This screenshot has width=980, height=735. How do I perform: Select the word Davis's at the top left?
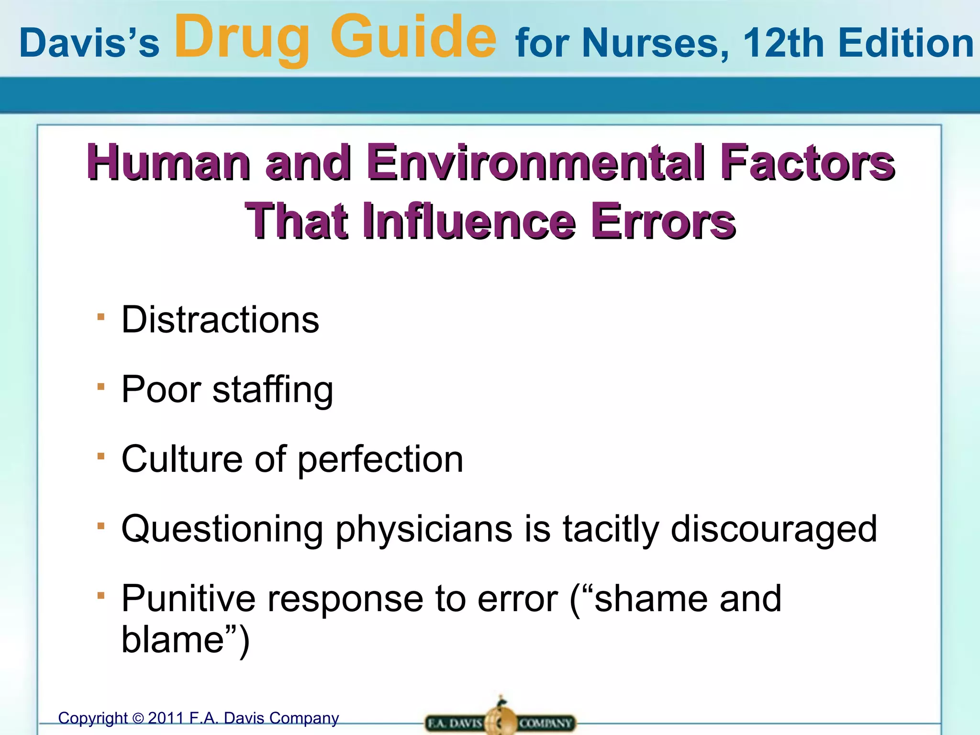click(x=89, y=44)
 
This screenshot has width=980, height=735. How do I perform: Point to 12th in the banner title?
click(x=783, y=43)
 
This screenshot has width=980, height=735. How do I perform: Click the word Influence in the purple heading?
click(x=469, y=221)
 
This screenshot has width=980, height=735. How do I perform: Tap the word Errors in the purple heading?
click(x=663, y=221)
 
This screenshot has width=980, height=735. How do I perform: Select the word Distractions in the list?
click(x=220, y=320)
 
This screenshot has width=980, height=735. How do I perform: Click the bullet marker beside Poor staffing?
click(x=100, y=386)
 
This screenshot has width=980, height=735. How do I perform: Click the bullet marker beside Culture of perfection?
click(x=100, y=456)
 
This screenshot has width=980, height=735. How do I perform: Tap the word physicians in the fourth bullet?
click(x=423, y=529)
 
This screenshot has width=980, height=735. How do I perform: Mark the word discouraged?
click(x=774, y=529)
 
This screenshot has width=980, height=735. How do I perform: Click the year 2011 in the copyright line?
click(x=166, y=718)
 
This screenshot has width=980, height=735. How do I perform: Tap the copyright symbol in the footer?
click(x=138, y=719)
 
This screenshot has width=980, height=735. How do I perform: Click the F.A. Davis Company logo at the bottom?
click(x=500, y=721)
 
